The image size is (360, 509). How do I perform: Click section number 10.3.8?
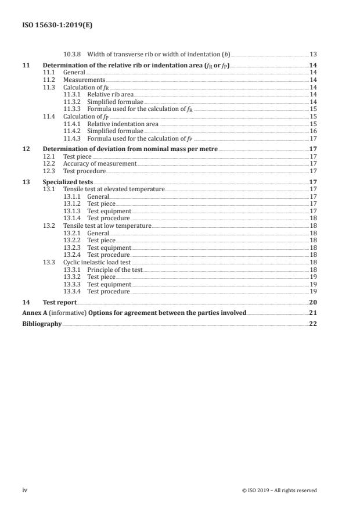[73, 54]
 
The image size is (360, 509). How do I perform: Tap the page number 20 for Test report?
[313, 302]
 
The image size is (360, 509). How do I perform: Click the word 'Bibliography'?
[41, 324]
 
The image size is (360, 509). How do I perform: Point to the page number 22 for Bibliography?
[313, 324]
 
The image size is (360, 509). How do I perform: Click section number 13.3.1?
[73, 270]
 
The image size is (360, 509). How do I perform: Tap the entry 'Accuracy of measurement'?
[99, 164]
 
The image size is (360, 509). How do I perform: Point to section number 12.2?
[49, 164]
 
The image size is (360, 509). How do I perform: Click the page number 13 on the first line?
[313, 54]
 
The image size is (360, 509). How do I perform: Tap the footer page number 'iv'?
[24, 490]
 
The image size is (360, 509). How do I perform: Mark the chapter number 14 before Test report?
[25, 302]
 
